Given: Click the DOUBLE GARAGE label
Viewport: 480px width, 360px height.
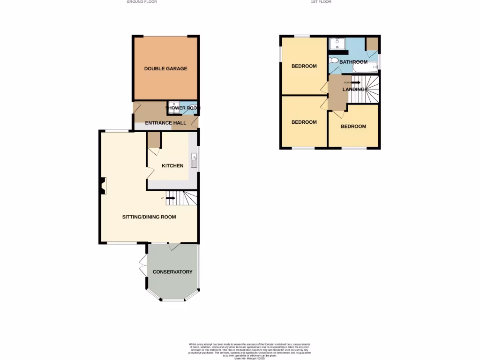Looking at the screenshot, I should [x=165, y=68].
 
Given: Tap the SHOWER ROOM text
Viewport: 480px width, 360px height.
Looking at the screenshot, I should [x=183, y=108].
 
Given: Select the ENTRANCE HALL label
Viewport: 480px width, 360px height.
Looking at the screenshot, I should [x=165, y=123].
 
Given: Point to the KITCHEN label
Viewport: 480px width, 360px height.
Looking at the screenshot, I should [x=172, y=165].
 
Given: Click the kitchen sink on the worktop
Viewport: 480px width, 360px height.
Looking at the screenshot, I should [x=194, y=161].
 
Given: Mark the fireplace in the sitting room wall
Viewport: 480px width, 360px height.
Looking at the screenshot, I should [x=102, y=186].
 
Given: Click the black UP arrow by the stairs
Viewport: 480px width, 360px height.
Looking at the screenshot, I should [x=170, y=198].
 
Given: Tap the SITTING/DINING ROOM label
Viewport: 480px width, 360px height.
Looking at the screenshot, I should [x=149, y=217].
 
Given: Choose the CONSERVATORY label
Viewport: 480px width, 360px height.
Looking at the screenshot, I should [x=172, y=272].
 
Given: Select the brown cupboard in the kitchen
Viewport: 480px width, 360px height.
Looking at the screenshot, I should [x=154, y=140].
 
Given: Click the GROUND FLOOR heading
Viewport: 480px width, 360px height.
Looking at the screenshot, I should [x=142, y=2].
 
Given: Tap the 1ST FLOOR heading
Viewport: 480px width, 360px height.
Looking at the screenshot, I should [x=321, y=2].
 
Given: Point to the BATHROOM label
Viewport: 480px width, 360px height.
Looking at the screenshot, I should [x=353, y=62].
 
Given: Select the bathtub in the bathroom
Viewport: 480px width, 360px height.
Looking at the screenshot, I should [x=365, y=67].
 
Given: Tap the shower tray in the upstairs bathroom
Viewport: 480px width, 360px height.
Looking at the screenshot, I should [x=337, y=44].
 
